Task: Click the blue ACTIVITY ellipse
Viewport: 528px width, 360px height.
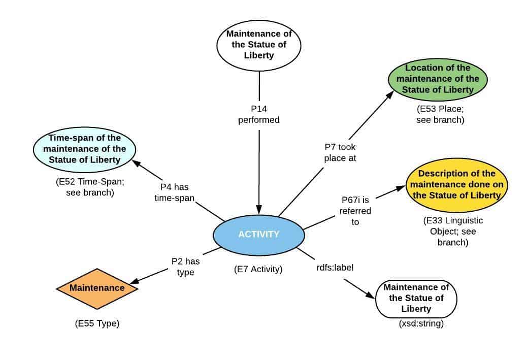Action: (x=259, y=235)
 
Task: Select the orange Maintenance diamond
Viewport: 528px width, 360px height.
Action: (x=97, y=288)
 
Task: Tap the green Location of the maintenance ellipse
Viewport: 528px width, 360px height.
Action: (x=438, y=79)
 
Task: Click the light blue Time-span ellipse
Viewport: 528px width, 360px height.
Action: (x=84, y=149)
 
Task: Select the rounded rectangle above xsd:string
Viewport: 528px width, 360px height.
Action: (x=416, y=298)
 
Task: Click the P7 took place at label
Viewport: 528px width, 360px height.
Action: (x=341, y=152)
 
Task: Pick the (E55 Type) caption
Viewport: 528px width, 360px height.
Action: (x=96, y=323)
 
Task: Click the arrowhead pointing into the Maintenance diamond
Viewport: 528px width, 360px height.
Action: (x=136, y=280)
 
